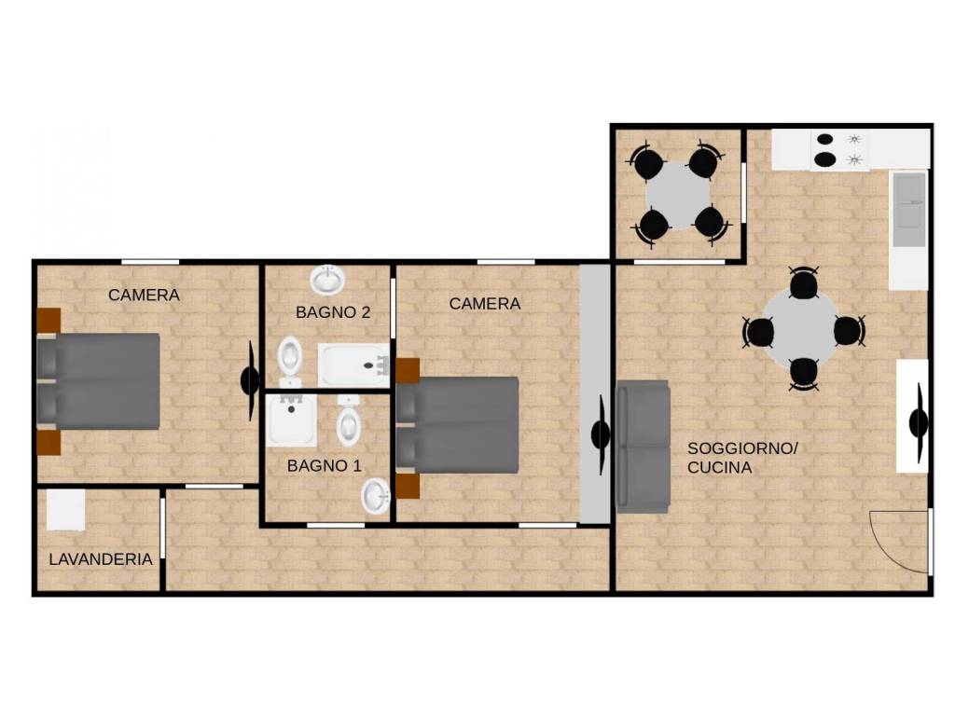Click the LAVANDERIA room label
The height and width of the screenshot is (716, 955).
point(101,559)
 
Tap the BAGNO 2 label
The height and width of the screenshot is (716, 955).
point(333,312)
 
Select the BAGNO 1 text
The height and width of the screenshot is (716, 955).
point(324,466)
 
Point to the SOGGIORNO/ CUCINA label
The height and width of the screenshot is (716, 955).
point(742,458)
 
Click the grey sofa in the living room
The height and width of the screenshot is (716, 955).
point(644,447)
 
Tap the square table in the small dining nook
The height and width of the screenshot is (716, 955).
point(678,195)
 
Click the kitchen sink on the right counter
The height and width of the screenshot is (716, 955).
point(908,210)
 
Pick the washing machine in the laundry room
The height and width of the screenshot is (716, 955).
point(66,510)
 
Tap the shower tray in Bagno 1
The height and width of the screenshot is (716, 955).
point(292,420)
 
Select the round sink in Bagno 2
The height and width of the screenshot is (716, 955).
point(328,280)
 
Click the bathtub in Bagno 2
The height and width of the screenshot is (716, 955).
point(353,365)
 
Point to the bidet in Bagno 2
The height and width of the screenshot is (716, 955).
point(291,360)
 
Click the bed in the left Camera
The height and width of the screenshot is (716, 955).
point(98,381)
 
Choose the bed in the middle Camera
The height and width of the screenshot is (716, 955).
point(457,425)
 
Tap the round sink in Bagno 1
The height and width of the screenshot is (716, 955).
point(377,496)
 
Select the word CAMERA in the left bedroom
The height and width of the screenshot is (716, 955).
point(144,295)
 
